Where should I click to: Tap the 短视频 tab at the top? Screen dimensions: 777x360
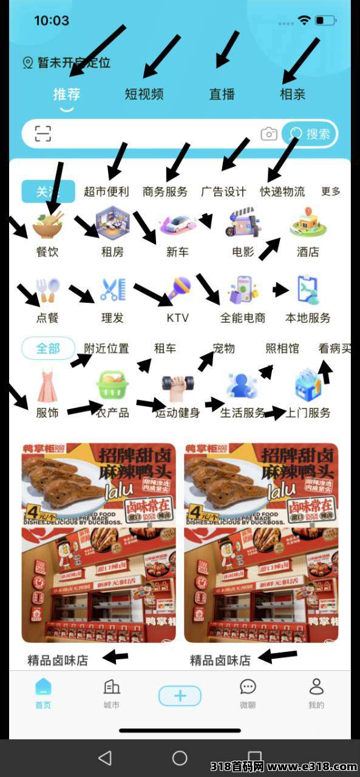(x=144, y=94)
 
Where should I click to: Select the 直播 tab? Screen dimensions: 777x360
(x=222, y=94)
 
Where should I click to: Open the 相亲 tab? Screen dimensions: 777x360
(x=292, y=94)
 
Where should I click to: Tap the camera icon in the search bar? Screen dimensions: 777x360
(x=269, y=134)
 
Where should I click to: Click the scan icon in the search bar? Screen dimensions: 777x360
(x=43, y=134)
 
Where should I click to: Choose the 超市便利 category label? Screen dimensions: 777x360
(x=106, y=192)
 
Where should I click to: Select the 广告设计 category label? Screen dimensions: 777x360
(x=223, y=192)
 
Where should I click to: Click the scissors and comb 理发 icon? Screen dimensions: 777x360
(x=112, y=290)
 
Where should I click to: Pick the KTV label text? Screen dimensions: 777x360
(x=177, y=318)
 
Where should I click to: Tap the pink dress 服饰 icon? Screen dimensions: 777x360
(x=47, y=387)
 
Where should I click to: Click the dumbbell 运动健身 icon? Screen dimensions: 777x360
(x=177, y=386)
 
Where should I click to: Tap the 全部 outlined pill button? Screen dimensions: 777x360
(x=48, y=348)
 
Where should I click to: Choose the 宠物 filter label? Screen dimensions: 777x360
(x=223, y=348)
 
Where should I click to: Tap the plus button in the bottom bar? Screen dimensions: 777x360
(x=180, y=696)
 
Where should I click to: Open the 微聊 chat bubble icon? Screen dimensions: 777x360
(x=248, y=687)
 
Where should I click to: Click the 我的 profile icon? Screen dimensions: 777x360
(x=316, y=687)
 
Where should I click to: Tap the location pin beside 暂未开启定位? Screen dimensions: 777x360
(x=27, y=63)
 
